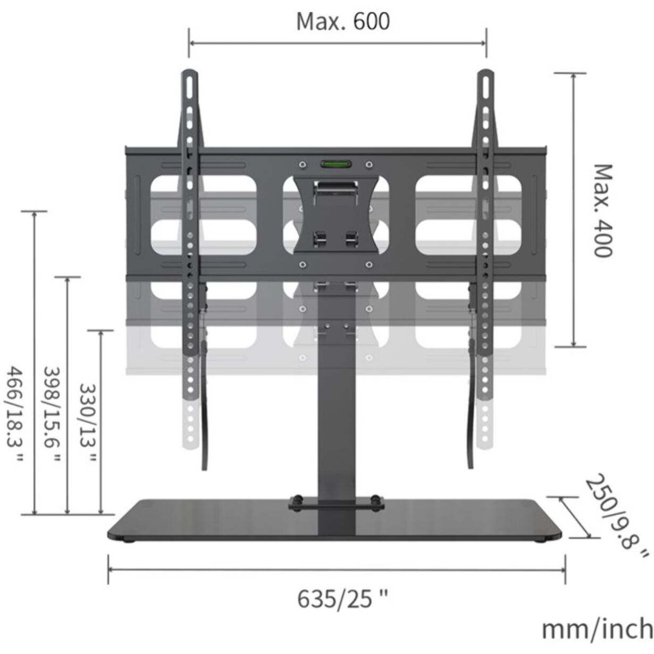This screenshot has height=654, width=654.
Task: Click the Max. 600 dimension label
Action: (342, 22)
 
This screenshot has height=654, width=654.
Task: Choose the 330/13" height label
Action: (87, 423)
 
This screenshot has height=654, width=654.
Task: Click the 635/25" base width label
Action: (342, 600)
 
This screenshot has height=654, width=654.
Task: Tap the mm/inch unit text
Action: (597, 629)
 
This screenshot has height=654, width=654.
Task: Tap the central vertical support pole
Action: (334, 415)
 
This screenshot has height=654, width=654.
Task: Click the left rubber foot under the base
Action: (128, 541)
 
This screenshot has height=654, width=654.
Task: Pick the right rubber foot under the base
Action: (542, 541)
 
